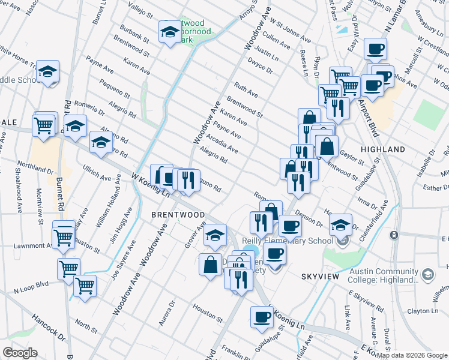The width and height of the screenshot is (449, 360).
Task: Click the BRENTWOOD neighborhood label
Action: coord(178,214)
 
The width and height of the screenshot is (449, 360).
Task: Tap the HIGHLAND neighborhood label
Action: coord(382,149)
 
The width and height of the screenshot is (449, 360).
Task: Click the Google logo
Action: coord(20,352)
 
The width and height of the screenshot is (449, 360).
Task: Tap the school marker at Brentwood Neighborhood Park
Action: coord(169,31)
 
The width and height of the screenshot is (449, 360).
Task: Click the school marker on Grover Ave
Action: coord(215,236)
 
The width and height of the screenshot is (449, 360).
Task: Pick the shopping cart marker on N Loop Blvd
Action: coord(85,286)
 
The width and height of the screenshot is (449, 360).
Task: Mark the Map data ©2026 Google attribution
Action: coord(411,355)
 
